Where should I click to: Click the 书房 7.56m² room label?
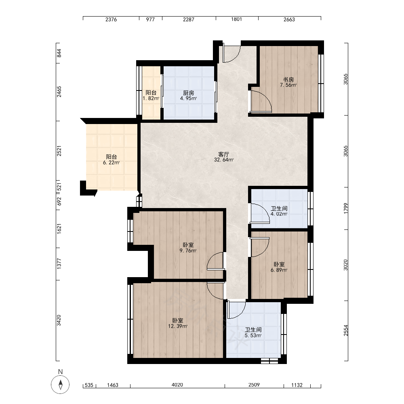click(x=288, y=82)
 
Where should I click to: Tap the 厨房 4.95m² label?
click(x=188, y=96)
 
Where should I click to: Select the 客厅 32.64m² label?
click(x=224, y=157)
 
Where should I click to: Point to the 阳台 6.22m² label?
click(x=112, y=160)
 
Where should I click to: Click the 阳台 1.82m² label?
click(x=151, y=95)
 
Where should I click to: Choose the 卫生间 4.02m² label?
click(x=279, y=211)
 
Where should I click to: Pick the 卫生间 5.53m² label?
click(x=253, y=332)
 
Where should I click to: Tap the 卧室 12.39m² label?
click(x=177, y=323)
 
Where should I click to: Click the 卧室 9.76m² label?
click(x=188, y=248)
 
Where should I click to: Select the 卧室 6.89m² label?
click(x=279, y=267)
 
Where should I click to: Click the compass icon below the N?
click(x=60, y=385)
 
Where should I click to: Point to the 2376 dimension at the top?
click(x=111, y=19)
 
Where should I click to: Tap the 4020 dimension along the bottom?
click(x=177, y=385)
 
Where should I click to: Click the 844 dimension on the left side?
click(x=59, y=53)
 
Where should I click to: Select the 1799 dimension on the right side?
click(x=346, y=208)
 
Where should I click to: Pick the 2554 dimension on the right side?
click(x=346, y=330)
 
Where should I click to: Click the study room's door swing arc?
click(x=266, y=97)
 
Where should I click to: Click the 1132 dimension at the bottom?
click(x=297, y=385)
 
